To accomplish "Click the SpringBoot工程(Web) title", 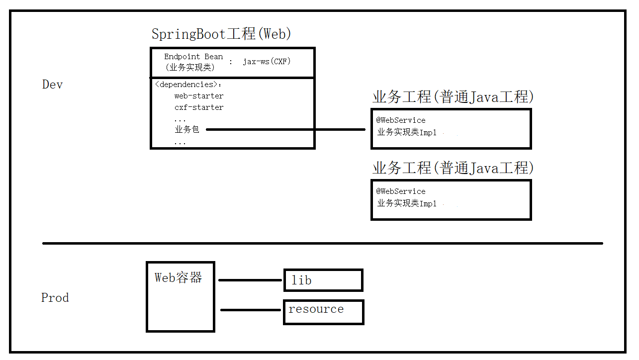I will point(221,34).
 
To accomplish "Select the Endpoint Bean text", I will point(193,57).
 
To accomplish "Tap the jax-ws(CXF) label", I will point(267,62).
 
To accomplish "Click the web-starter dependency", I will point(198,96).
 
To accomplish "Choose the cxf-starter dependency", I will point(198,107).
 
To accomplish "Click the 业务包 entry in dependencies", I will point(186,130).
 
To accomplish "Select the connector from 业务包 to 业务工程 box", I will point(286,130).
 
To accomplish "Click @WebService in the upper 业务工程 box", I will point(401,120).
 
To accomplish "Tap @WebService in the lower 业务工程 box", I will point(401,191).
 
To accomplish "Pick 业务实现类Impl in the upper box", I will point(406,132).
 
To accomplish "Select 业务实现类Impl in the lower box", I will point(406,203).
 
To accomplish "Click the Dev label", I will point(52,85).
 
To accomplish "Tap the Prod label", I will point(55,298).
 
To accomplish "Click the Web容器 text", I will point(179,278).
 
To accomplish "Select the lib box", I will point(323,280).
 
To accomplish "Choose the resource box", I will point(323,312).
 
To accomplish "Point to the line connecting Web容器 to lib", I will point(250,280).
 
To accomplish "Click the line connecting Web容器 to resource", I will point(251,310).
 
